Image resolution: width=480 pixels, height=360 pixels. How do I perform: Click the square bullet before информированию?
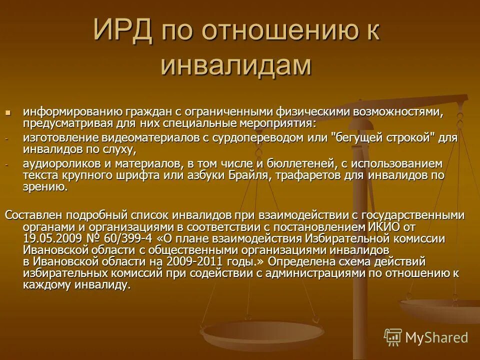coord(7,111)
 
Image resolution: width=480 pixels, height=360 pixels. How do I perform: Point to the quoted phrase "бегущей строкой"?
coord(382,137)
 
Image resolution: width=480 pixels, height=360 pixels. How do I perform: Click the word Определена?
coord(304,261)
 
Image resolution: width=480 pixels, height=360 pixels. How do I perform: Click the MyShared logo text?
coord(436,338)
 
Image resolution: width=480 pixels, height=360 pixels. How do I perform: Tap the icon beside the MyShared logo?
coord(393,337)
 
